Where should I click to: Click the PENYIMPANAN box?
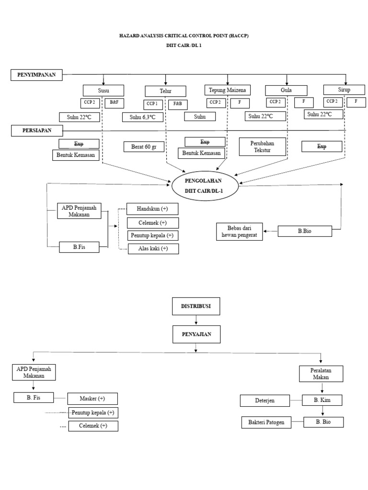click(37, 75)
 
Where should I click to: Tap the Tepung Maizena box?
click(228, 89)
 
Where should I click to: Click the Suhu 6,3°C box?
click(142, 117)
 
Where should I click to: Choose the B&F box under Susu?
click(115, 102)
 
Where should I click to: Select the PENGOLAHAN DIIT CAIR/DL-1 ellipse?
click(205, 186)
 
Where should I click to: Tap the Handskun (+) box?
click(152, 209)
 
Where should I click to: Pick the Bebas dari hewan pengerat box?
click(240, 232)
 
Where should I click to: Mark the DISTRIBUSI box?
click(196, 305)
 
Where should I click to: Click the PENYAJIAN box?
click(196, 334)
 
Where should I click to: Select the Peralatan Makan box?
click(321, 374)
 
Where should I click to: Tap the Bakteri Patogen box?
click(266, 423)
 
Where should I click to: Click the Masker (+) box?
click(92, 399)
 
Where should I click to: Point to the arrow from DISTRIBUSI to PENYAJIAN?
click(196, 320)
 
